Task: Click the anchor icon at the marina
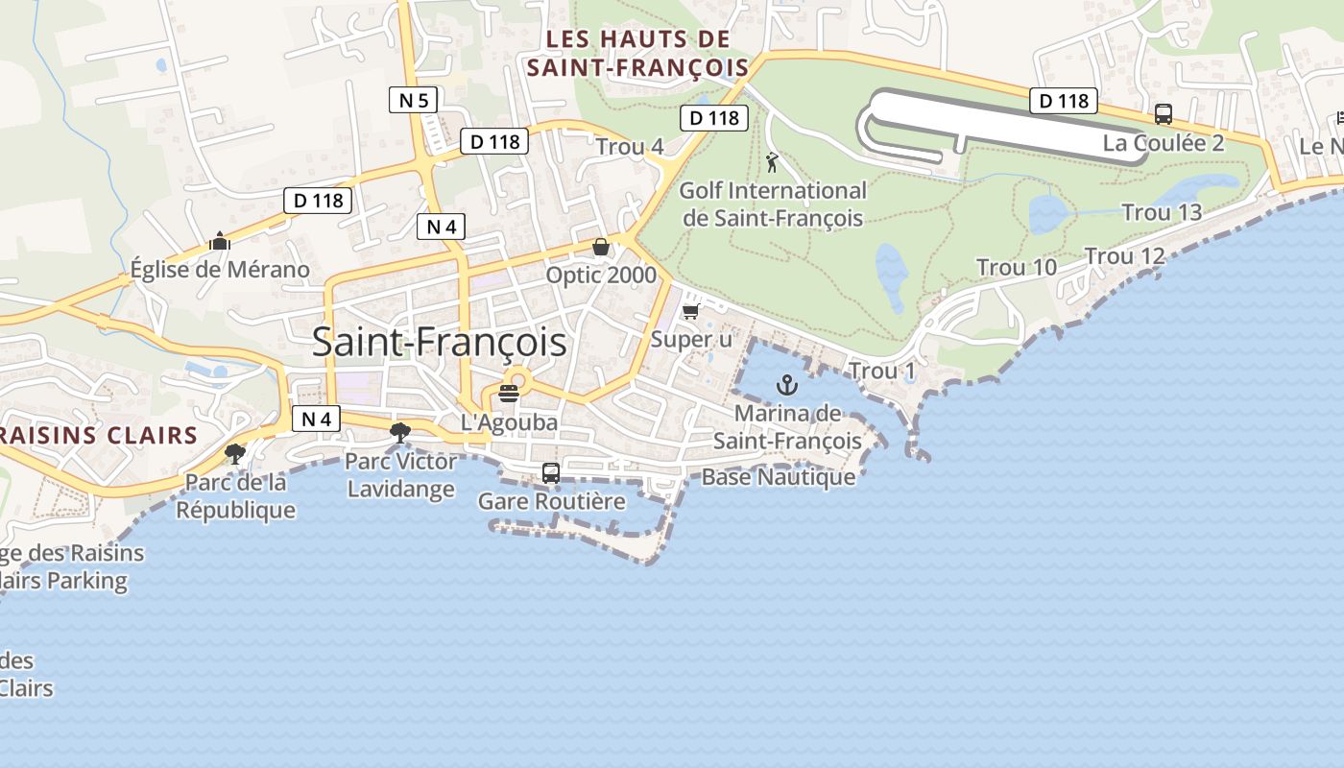787,386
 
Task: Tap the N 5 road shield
414,99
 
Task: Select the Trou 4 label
630,147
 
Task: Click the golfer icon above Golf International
772,162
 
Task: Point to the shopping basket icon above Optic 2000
601,248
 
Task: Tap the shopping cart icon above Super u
690,311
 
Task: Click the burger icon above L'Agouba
509,393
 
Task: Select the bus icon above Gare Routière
551,472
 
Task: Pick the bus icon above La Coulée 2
1164,114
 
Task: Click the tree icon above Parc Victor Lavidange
400,433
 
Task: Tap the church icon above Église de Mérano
220,241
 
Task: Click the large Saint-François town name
439,343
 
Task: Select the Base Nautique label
779,477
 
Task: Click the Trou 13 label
1162,212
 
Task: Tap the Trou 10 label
1017,268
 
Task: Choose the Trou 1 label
881,372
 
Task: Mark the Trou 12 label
1124,256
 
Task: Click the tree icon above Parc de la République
235,453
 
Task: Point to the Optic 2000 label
601,276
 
